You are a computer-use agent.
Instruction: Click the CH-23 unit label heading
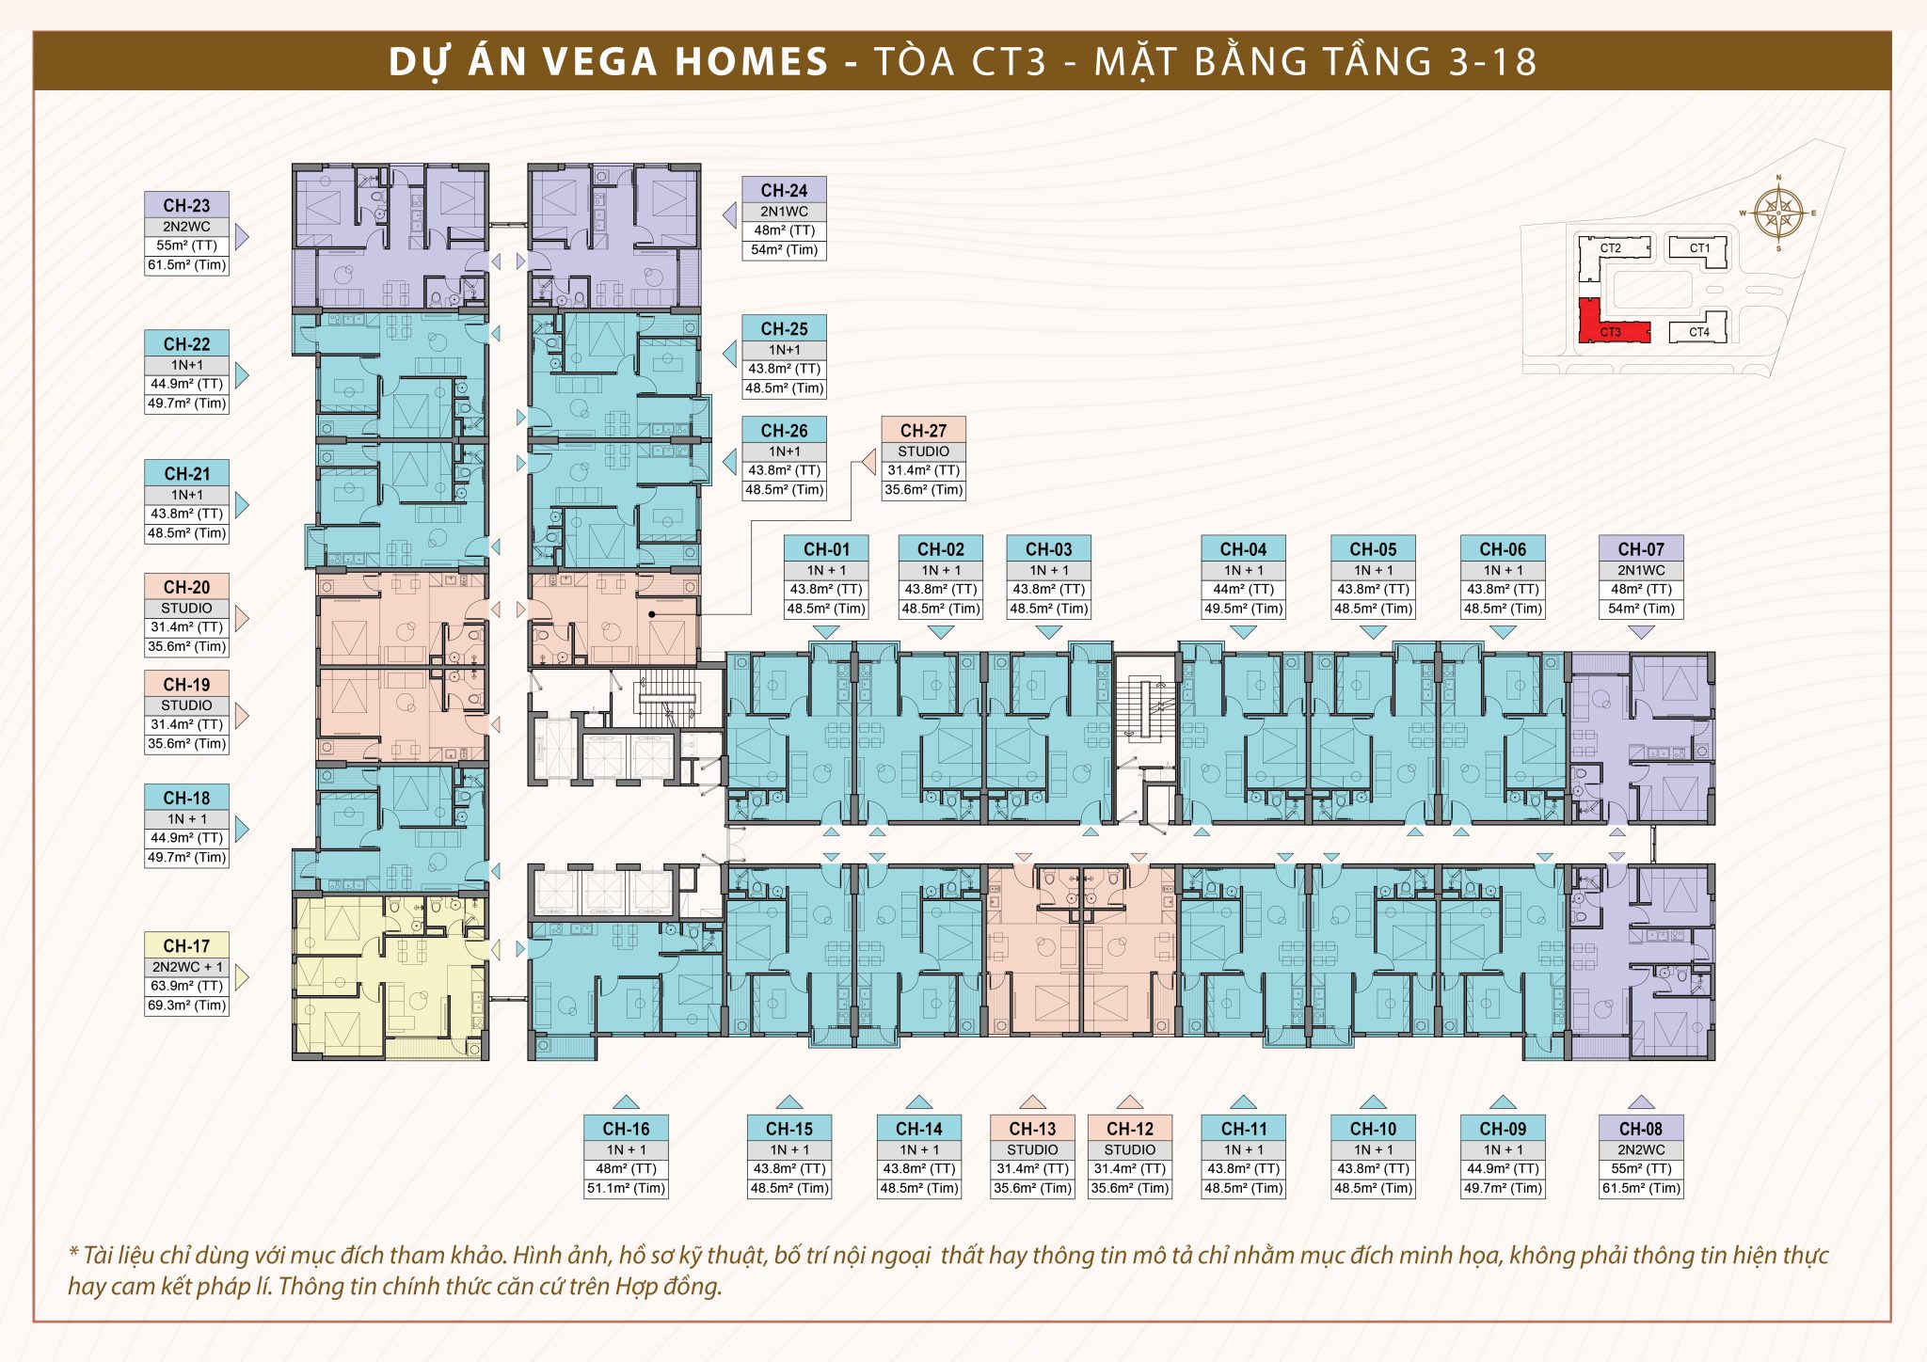click(186, 205)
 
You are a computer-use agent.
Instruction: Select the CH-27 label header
click(923, 430)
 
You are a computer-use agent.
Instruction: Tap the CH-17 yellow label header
click(186, 945)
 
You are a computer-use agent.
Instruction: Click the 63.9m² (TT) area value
click(186, 986)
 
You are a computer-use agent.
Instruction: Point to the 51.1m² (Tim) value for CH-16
click(626, 1188)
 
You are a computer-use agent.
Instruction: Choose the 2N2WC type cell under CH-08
click(1641, 1149)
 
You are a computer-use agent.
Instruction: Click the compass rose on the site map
click(1777, 214)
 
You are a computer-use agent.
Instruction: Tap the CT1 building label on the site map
click(1699, 248)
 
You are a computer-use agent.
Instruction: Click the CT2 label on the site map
click(1610, 248)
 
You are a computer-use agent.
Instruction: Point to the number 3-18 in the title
click(1492, 62)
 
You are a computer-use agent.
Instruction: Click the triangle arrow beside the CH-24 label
click(729, 216)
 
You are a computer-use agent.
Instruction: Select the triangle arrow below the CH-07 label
click(1641, 633)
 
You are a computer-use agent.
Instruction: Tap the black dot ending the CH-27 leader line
click(651, 614)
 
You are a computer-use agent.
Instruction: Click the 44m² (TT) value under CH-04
click(1243, 590)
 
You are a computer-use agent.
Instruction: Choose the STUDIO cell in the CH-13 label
click(1032, 1149)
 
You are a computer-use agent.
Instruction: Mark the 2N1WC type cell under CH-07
click(1641, 570)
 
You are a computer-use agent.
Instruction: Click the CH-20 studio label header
click(186, 587)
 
